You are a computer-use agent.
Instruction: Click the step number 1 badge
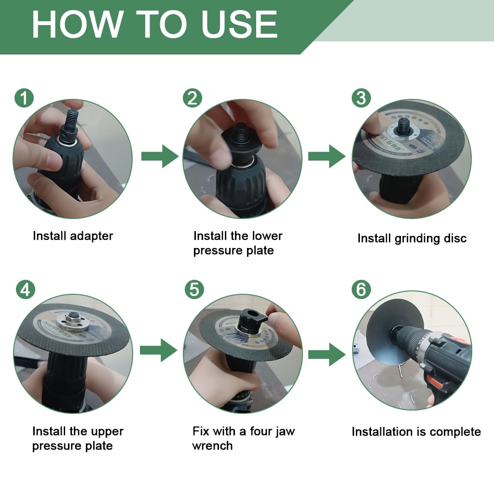coord(24,98)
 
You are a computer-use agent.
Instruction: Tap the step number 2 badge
coord(192,98)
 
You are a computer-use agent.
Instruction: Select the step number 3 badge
coord(361,98)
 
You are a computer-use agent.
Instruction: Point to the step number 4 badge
coord(26,289)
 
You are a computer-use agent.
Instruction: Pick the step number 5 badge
coord(194,289)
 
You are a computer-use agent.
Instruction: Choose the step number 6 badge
coord(361,289)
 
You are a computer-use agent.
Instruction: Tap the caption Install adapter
coord(73,236)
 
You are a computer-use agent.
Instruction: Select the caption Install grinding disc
coord(412,238)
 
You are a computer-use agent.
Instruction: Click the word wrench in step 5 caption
coord(212,445)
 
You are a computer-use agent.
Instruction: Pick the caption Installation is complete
coord(416,431)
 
